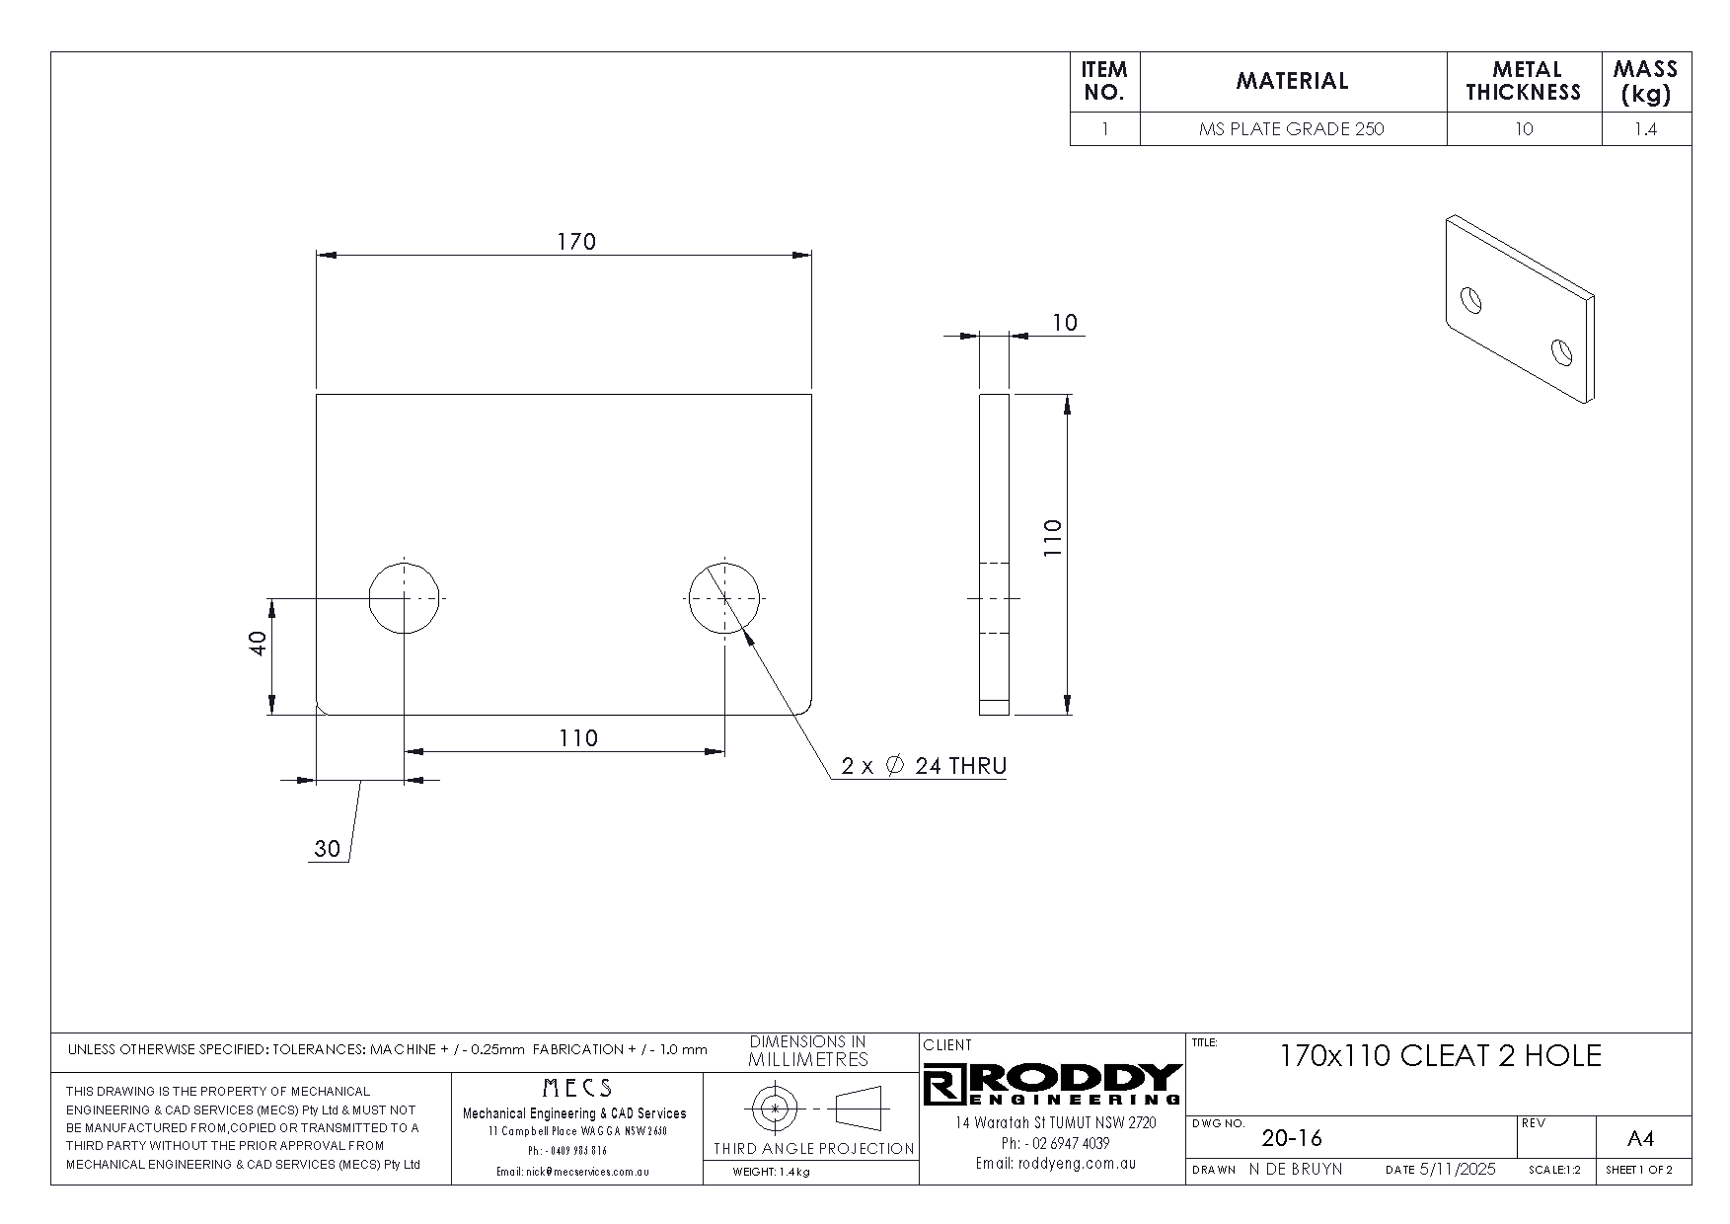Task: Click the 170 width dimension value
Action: pyautogui.click(x=576, y=242)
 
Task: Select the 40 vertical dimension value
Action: pyautogui.click(x=258, y=645)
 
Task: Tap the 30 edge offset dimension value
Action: pyautogui.click(x=327, y=848)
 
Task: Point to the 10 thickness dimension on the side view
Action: pyautogui.click(x=1065, y=323)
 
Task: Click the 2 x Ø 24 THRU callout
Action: pyautogui.click(x=924, y=766)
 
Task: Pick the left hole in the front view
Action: pyautogui.click(x=404, y=598)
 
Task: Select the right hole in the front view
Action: pyautogui.click(x=724, y=598)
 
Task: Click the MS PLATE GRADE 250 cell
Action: pyautogui.click(x=1292, y=129)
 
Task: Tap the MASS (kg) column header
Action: pyautogui.click(x=1645, y=82)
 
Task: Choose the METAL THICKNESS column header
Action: pyautogui.click(x=1524, y=82)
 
